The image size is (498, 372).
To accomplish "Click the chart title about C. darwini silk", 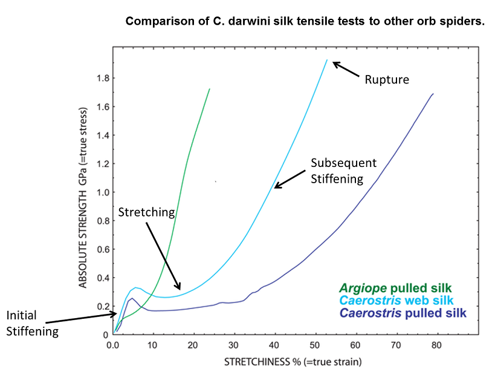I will (x=305, y=22).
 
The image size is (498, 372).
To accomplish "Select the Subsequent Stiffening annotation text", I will (x=344, y=171).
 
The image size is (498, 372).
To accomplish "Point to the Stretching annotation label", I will (x=147, y=212).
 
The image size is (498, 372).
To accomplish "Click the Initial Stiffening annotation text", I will (x=32, y=323).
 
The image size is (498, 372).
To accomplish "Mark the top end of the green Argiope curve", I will (x=209, y=89).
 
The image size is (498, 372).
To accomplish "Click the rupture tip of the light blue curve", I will (x=327, y=60).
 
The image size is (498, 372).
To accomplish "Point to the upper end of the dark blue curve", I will (x=433, y=94).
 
